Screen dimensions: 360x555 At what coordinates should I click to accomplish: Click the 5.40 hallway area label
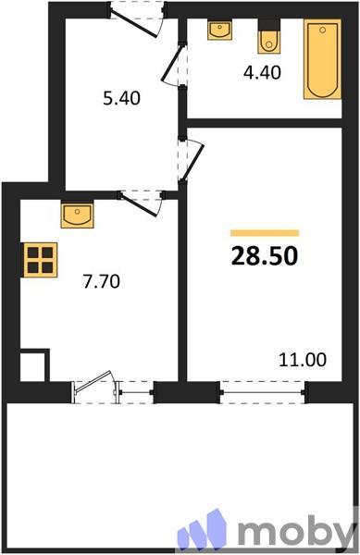[121, 98]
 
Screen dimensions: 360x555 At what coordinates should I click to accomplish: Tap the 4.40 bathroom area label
[262, 72]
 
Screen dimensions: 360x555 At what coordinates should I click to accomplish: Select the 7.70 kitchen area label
[102, 282]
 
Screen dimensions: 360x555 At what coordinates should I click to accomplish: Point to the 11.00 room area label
[303, 360]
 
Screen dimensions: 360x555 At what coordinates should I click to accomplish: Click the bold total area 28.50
[265, 256]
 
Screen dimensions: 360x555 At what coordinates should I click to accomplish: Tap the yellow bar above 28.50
[265, 233]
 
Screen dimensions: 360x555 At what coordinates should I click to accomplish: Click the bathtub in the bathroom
[322, 59]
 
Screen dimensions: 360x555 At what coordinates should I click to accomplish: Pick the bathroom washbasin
[220, 31]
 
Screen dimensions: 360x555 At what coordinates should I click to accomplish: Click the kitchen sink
[78, 215]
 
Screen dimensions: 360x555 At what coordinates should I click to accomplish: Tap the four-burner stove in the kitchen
[40, 260]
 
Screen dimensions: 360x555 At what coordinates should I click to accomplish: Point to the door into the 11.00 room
[192, 160]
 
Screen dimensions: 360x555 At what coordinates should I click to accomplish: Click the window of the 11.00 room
[262, 392]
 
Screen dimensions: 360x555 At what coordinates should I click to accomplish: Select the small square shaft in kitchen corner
[34, 365]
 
